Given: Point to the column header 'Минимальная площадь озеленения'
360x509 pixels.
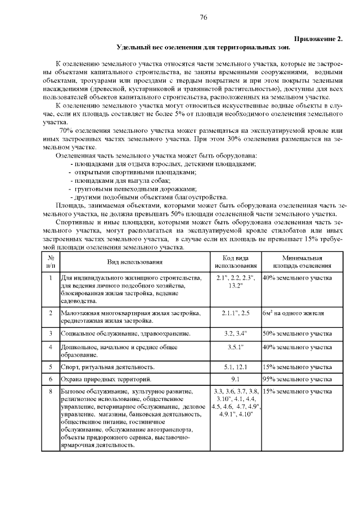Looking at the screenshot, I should (302, 262).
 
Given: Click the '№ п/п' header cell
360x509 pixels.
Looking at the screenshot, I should (51, 262).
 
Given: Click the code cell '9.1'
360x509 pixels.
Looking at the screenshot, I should (236, 379).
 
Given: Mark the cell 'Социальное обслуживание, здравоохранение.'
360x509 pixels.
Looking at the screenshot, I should (125, 334).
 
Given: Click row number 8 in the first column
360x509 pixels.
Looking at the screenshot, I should (51, 391).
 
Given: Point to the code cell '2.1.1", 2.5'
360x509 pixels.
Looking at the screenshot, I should (236, 313).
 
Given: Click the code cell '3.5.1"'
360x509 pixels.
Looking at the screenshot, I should (236, 347).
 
